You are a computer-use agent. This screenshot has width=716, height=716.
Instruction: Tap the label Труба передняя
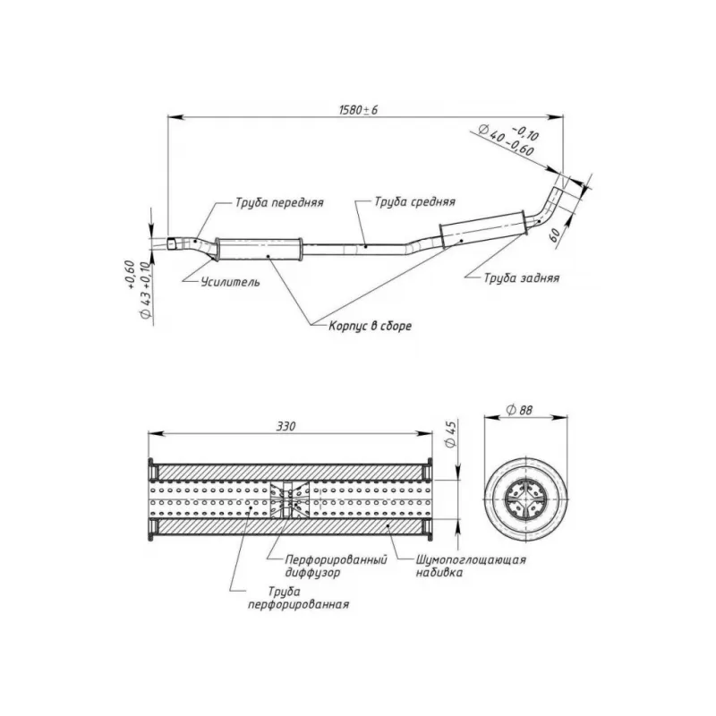279,202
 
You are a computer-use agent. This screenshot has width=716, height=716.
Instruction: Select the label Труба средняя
414,202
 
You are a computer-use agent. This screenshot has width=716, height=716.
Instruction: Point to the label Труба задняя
522,278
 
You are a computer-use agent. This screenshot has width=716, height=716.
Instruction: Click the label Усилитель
231,282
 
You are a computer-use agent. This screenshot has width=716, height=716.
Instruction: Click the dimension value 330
286,427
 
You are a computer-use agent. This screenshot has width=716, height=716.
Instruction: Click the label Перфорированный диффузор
329,566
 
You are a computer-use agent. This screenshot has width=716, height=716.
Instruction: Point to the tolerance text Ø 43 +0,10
137,291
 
